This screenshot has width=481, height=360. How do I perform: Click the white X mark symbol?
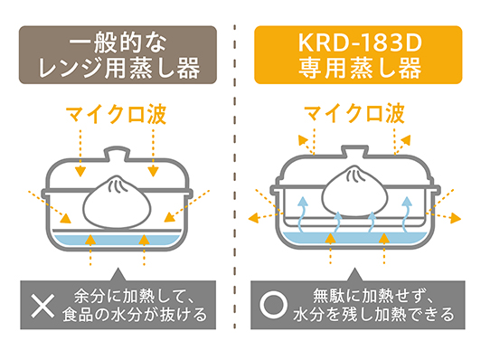[x=42, y=305]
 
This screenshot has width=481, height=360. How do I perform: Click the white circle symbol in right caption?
[x=273, y=305]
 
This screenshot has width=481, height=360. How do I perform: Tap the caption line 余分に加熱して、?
[x=136, y=295]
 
